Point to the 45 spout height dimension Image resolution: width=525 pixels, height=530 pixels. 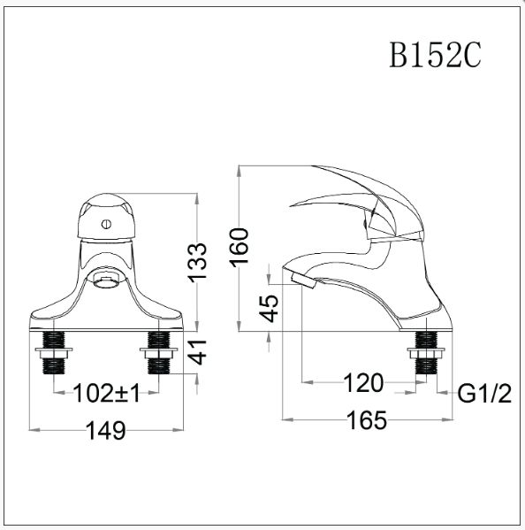point(270,306)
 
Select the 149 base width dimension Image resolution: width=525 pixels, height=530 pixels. point(106,431)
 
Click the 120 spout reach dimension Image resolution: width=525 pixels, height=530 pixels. point(363,383)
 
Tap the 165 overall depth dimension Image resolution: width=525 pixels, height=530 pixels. point(366,420)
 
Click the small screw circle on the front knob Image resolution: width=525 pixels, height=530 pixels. point(105,224)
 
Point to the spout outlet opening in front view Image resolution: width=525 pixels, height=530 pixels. point(105,282)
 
